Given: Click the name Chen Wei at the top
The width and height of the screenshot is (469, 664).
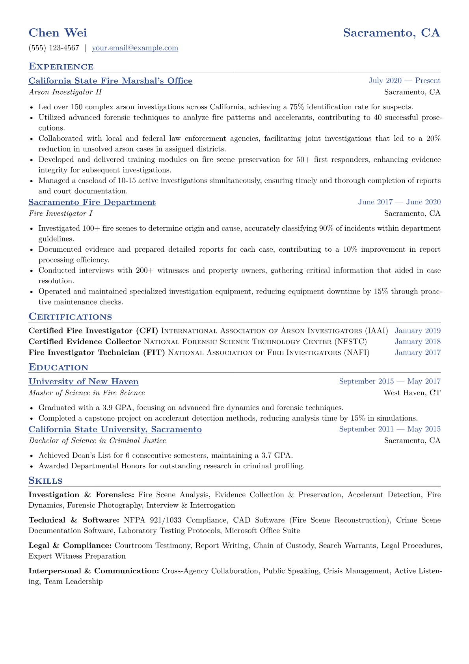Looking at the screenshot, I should click(x=58, y=33).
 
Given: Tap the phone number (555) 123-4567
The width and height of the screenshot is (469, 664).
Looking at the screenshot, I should click(x=54, y=48).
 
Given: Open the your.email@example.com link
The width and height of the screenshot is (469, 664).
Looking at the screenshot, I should click(x=135, y=48).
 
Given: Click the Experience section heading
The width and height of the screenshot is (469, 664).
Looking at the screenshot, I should click(x=61, y=67).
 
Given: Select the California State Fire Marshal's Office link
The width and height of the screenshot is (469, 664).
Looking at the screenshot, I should click(x=110, y=81).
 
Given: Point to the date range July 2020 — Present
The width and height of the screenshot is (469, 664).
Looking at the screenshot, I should click(x=404, y=81).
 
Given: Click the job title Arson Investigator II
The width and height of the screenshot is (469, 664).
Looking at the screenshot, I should click(x=65, y=92).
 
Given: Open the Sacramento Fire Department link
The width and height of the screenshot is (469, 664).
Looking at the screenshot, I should click(x=92, y=202).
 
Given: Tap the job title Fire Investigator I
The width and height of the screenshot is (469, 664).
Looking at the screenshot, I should click(x=61, y=214).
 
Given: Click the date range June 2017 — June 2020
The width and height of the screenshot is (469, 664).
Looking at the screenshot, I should click(x=399, y=202).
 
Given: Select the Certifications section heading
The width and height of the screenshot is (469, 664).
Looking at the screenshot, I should click(x=70, y=317).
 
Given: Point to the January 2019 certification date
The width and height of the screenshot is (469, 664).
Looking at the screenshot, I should click(x=418, y=331).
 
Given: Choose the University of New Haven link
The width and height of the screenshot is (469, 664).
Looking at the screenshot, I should click(x=84, y=382).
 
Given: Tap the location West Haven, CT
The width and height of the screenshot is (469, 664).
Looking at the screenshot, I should click(x=412, y=393).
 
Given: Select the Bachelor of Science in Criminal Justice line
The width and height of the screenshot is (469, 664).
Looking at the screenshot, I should click(x=97, y=441).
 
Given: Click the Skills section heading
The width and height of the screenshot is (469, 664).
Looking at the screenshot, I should click(x=45, y=481).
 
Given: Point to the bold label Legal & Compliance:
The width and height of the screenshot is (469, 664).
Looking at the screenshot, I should click(x=70, y=546).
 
